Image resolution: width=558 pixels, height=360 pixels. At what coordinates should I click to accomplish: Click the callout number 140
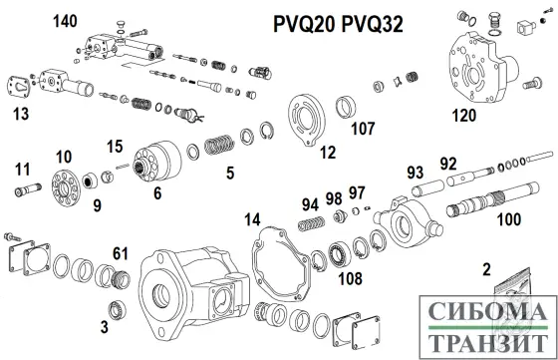tap(65, 21)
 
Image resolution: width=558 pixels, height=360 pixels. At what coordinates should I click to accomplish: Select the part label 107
tap(362, 128)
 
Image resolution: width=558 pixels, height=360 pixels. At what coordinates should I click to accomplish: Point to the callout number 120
tap(464, 117)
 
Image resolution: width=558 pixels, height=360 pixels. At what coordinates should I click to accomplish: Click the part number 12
tap(327, 152)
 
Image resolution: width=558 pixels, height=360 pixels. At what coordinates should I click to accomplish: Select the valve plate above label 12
tap(309, 118)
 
